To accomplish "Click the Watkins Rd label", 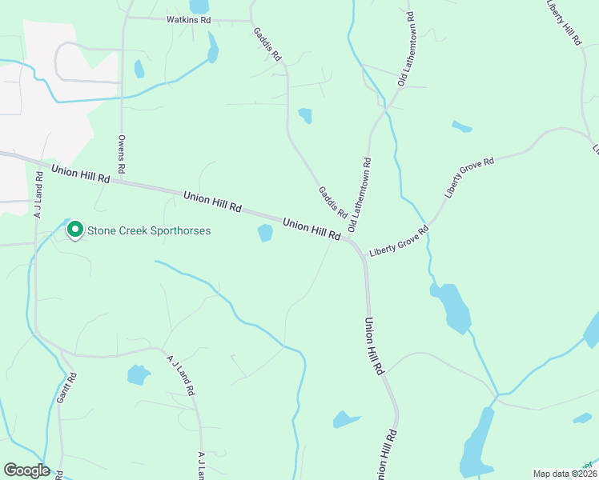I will (x=188, y=19).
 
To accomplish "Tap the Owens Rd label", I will (x=122, y=154).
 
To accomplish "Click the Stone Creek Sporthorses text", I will (x=149, y=231).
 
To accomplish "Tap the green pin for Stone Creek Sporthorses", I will (x=75, y=230).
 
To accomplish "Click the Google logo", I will (x=26, y=470).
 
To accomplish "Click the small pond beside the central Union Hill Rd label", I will (x=264, y=233).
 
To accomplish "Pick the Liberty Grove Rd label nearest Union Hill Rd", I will (x=399, y=242).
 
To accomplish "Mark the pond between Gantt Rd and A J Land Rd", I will (x=138, y=374).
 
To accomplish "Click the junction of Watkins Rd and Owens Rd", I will (x=123, y=18).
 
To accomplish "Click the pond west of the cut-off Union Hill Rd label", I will (x=346, y=419).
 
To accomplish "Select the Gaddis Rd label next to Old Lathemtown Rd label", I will (x=332, y=202).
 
